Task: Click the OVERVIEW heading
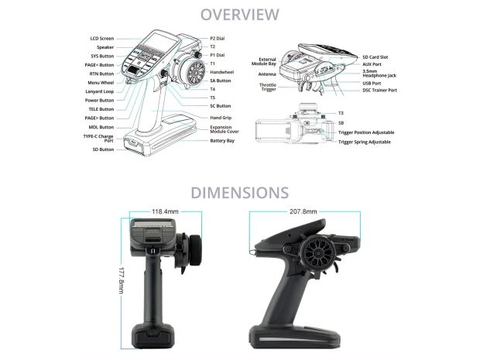240,15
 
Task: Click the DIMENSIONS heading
240,193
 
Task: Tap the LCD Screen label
102,39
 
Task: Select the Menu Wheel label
101,83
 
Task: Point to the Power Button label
99,101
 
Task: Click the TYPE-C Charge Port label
98,139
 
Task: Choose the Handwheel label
222,72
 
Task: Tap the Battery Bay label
222,141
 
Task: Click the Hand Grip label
221,118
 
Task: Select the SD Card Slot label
375,57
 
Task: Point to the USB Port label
372,84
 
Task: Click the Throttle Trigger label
268,87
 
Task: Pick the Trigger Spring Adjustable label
365,142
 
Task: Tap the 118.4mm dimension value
166,211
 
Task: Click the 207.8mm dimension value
303,211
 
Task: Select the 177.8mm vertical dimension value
122,280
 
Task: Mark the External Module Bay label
263,61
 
